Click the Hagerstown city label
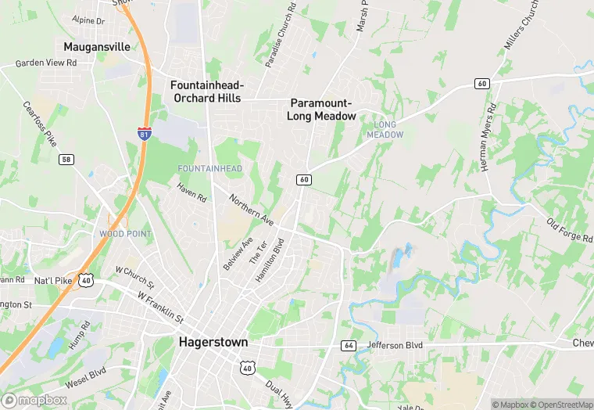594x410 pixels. [213, 342]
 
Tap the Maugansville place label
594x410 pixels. [97, 47]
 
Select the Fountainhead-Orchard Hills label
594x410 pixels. [208, 92]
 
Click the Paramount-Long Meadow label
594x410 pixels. [323, 110]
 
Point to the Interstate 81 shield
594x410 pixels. [144, 133]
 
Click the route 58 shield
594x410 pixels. [66, 160]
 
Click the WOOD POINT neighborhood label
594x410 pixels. [125, 234]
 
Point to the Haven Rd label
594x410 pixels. [191, 192]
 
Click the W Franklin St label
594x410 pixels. [159, 307]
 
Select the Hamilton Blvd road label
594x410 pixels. [267, 261]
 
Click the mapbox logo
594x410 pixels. [35, 400]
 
